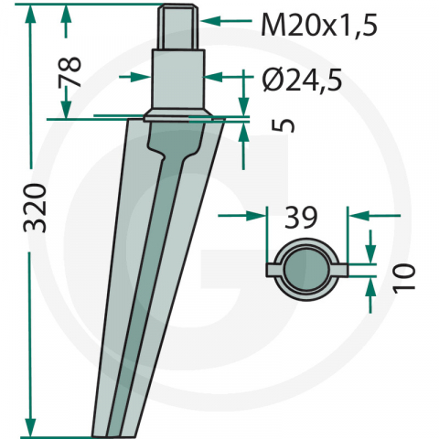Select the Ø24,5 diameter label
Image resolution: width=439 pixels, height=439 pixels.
[301, 80]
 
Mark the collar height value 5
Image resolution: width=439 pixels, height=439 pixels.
[284, 123]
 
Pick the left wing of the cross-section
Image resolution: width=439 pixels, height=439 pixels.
[273, 271]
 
